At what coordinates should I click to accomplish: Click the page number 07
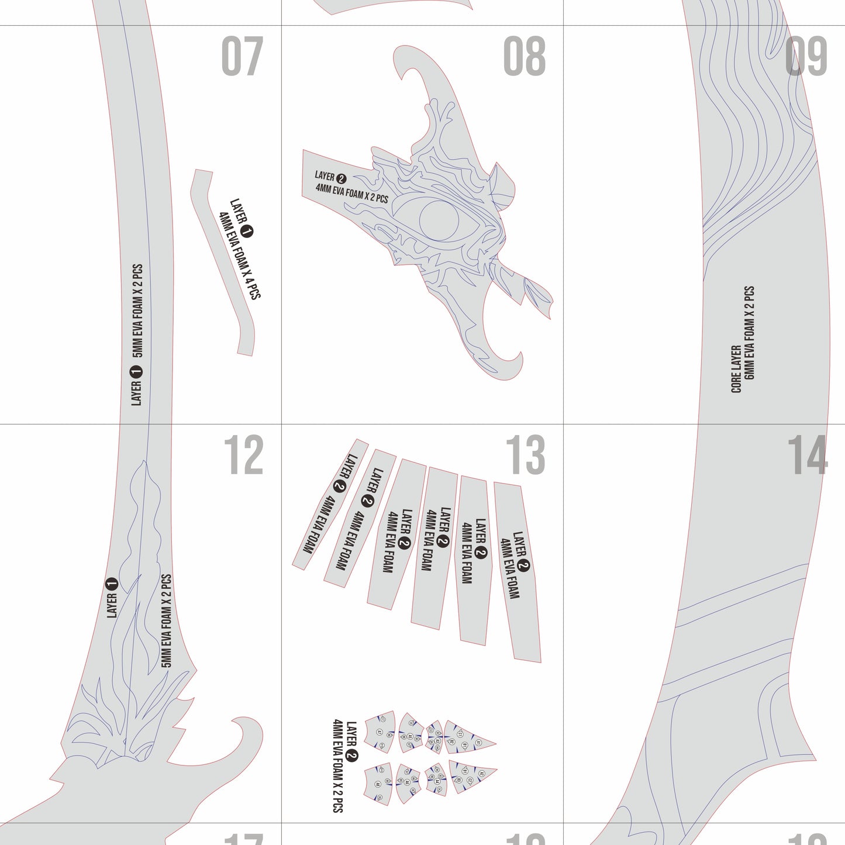tap(242, 56)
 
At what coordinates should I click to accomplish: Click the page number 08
tap(525, 56)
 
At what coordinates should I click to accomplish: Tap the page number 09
tap(806, 56)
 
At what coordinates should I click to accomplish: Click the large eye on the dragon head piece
tap(440, 221)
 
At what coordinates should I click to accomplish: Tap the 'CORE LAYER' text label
tap(736, 368)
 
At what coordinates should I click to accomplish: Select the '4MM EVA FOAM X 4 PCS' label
tap(239, 256)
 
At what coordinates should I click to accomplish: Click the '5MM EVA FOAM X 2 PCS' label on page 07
tap(137, 311)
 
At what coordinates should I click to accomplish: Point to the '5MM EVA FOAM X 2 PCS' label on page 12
tap(167, 620)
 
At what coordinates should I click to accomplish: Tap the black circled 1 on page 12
tap(112, 584)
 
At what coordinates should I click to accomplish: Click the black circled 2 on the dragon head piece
tap(342, 179)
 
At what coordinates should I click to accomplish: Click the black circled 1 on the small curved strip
tap(247, 232)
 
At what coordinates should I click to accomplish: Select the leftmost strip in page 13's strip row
tap(330, 504)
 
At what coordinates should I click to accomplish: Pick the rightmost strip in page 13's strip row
tap(518, 572)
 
